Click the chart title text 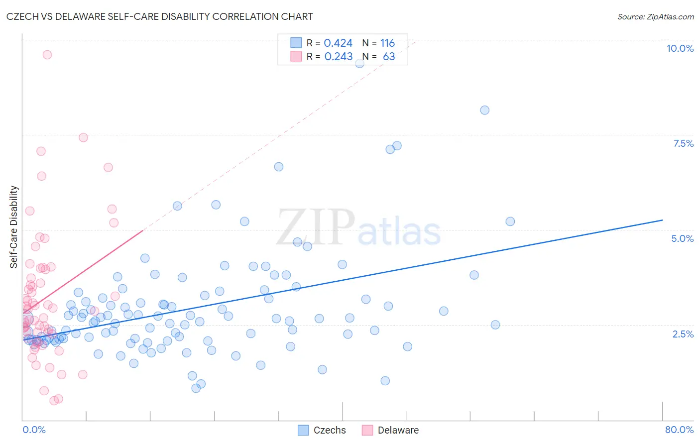[x=159, y=16]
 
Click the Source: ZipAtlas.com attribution [x=655, y=16]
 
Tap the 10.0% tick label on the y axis [x=680, y=48]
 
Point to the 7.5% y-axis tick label [x=683, y=143]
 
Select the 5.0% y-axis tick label [x=682, y=238]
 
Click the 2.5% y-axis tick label [x=683, y=334]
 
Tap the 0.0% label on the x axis [x=34, y=430]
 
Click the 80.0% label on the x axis [x=679, y=430]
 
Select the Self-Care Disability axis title [x=14, y=227]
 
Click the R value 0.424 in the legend [x=338, y=43]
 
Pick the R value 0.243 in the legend [x=339, y=56]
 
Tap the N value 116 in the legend [x=387, y=43]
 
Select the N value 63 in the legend [x=389, y=56]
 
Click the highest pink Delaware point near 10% [x=47, y=55]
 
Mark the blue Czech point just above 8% [x=484, y=110]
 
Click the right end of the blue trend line [x=662, y=220]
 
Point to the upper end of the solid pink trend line [x=143, y=230]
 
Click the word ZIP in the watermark [x=316, y=227]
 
